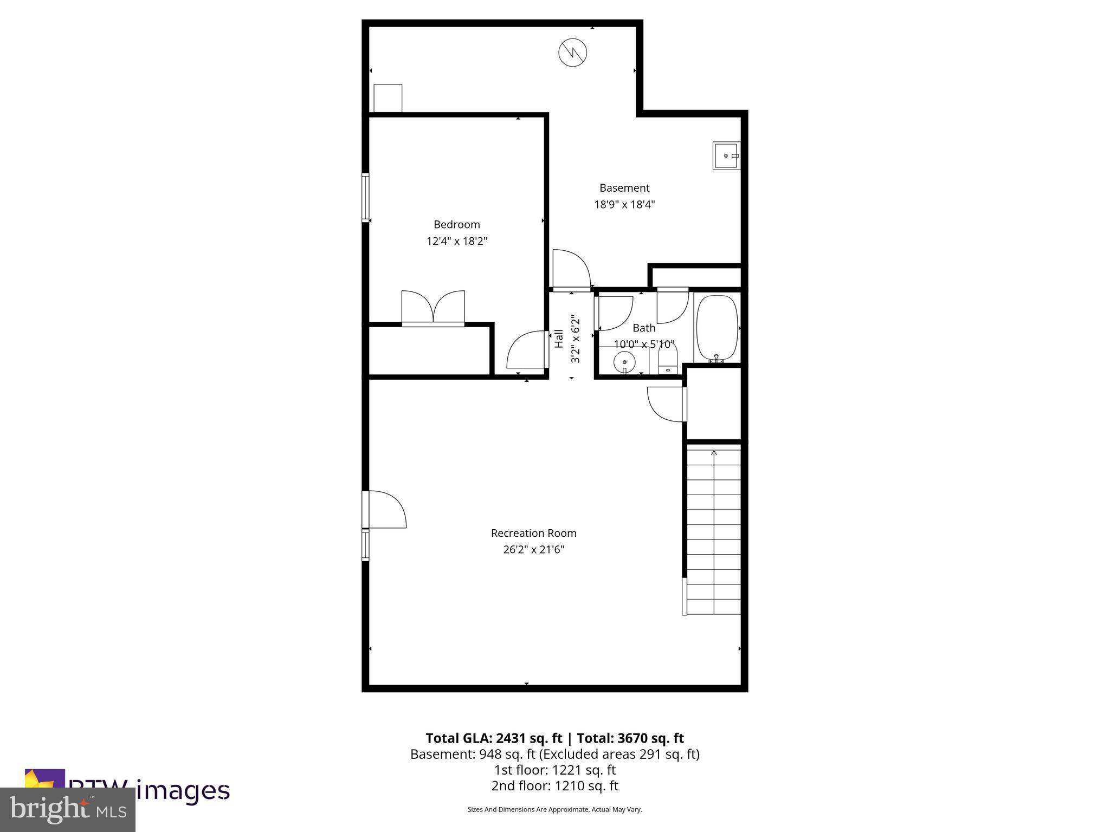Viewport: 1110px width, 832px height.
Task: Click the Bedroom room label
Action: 456,224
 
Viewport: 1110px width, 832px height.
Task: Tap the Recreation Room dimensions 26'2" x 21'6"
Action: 533,549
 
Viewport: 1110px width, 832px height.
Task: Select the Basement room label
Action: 624,188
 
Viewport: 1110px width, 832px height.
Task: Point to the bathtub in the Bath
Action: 717,328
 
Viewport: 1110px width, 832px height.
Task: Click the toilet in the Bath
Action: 668,360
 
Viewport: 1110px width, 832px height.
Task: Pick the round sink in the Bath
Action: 624,361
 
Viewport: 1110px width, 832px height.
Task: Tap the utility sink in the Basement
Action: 726,155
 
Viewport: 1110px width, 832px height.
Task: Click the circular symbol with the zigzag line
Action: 573,53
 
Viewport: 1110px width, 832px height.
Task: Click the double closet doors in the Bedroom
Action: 433,308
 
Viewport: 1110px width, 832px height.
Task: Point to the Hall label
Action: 559,339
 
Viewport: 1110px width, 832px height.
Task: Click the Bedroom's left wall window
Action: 365,197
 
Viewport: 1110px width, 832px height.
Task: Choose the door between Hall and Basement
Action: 571,270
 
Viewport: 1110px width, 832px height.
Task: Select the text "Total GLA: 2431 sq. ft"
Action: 494,738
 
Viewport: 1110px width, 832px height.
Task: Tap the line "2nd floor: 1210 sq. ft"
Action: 554,785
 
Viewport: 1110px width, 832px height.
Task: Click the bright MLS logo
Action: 68,809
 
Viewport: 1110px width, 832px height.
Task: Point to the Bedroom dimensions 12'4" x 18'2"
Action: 456,241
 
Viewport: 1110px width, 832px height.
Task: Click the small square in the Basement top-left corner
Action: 388,98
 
